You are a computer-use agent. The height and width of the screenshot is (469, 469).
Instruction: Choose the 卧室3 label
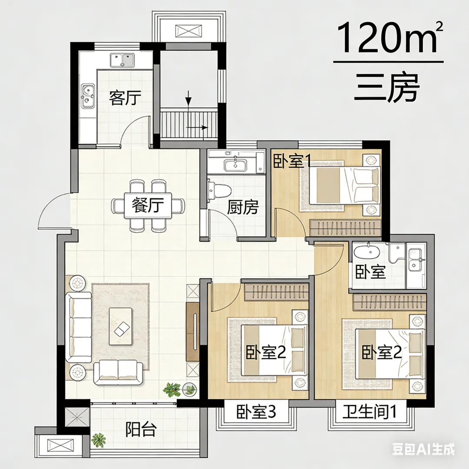(x=256, y=412)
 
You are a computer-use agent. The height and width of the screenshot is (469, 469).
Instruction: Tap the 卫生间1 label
(x=370, y=412)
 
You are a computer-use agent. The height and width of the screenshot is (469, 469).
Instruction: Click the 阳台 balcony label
(x=141, y=429)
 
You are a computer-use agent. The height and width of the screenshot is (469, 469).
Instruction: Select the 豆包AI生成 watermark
(x=424, y=449)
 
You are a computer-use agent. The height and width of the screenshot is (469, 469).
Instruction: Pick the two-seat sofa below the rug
(x=119, y=372)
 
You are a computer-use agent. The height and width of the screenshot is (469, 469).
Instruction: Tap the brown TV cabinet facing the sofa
(x=193, y=331)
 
